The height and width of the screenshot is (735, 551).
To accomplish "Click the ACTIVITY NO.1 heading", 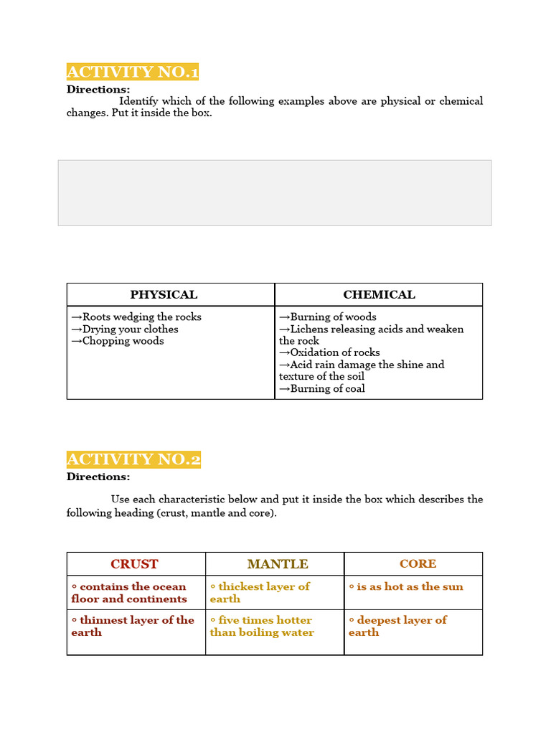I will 133,72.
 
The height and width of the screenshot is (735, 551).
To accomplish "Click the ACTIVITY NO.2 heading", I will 133,459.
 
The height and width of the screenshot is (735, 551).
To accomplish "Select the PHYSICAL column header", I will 164,294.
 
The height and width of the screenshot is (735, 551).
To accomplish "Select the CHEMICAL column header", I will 379,294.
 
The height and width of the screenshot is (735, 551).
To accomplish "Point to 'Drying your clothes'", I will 125,329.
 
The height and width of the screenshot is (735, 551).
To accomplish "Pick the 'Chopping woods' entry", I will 118,341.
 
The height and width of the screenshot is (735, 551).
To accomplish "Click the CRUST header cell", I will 135,564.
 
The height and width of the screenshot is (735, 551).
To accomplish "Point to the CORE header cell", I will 418,564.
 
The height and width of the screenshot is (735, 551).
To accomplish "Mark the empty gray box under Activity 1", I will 275,193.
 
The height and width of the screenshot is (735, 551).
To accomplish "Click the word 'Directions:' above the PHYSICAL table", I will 98,90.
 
